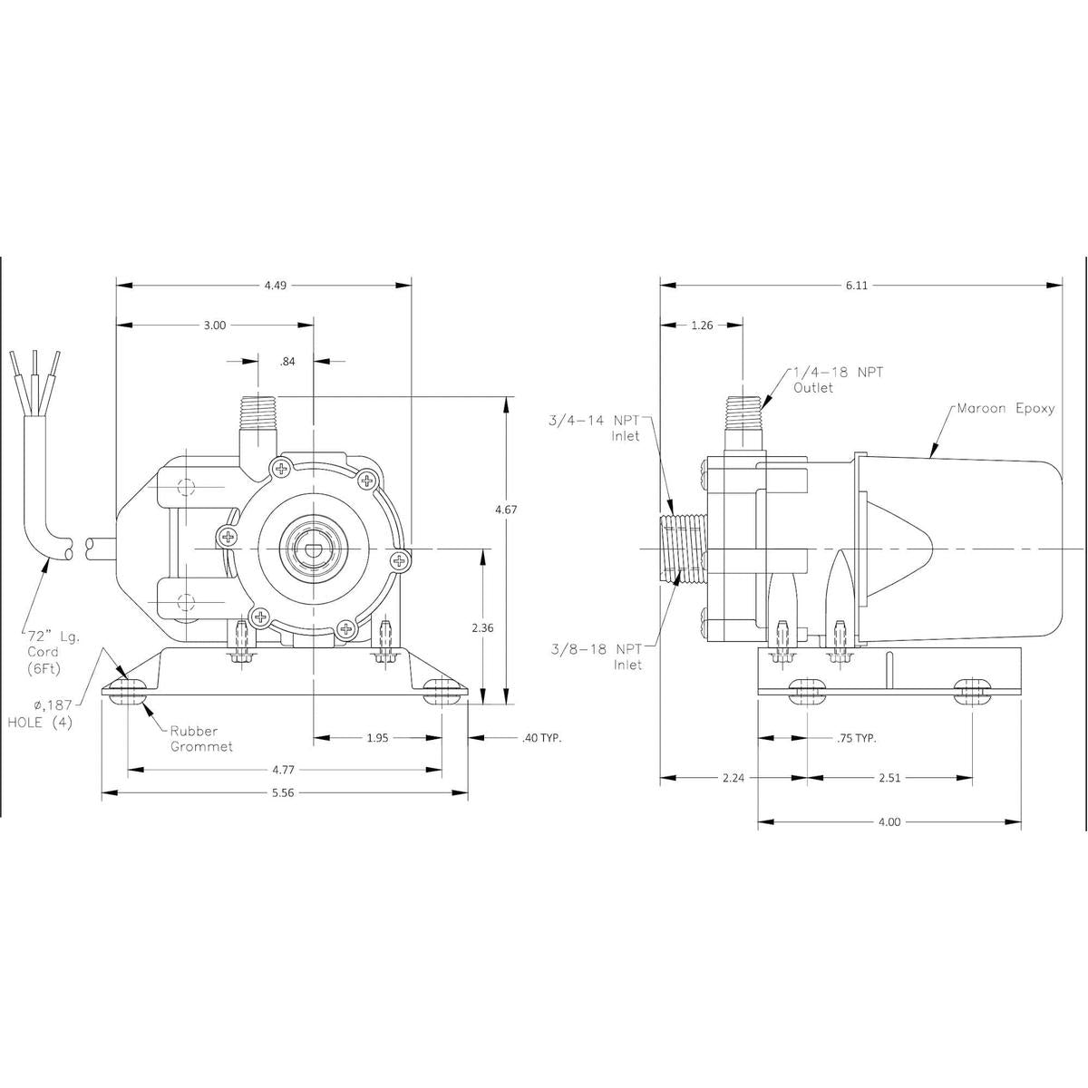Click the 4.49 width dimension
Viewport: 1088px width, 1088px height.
274,285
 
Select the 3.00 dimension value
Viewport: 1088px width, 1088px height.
214,325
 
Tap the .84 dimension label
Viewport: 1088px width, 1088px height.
288,361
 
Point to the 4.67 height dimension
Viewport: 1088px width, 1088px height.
506,510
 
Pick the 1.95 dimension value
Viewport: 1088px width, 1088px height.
378,738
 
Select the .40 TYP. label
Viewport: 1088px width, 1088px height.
541,738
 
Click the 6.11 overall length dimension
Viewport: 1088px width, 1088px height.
857,285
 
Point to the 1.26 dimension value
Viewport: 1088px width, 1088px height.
703,325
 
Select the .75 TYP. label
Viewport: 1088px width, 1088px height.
855,738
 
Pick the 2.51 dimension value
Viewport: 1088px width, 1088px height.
889,777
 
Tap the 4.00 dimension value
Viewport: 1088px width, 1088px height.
889,821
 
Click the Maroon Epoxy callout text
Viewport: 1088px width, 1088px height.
1006,408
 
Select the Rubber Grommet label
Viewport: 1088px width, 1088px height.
201,738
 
